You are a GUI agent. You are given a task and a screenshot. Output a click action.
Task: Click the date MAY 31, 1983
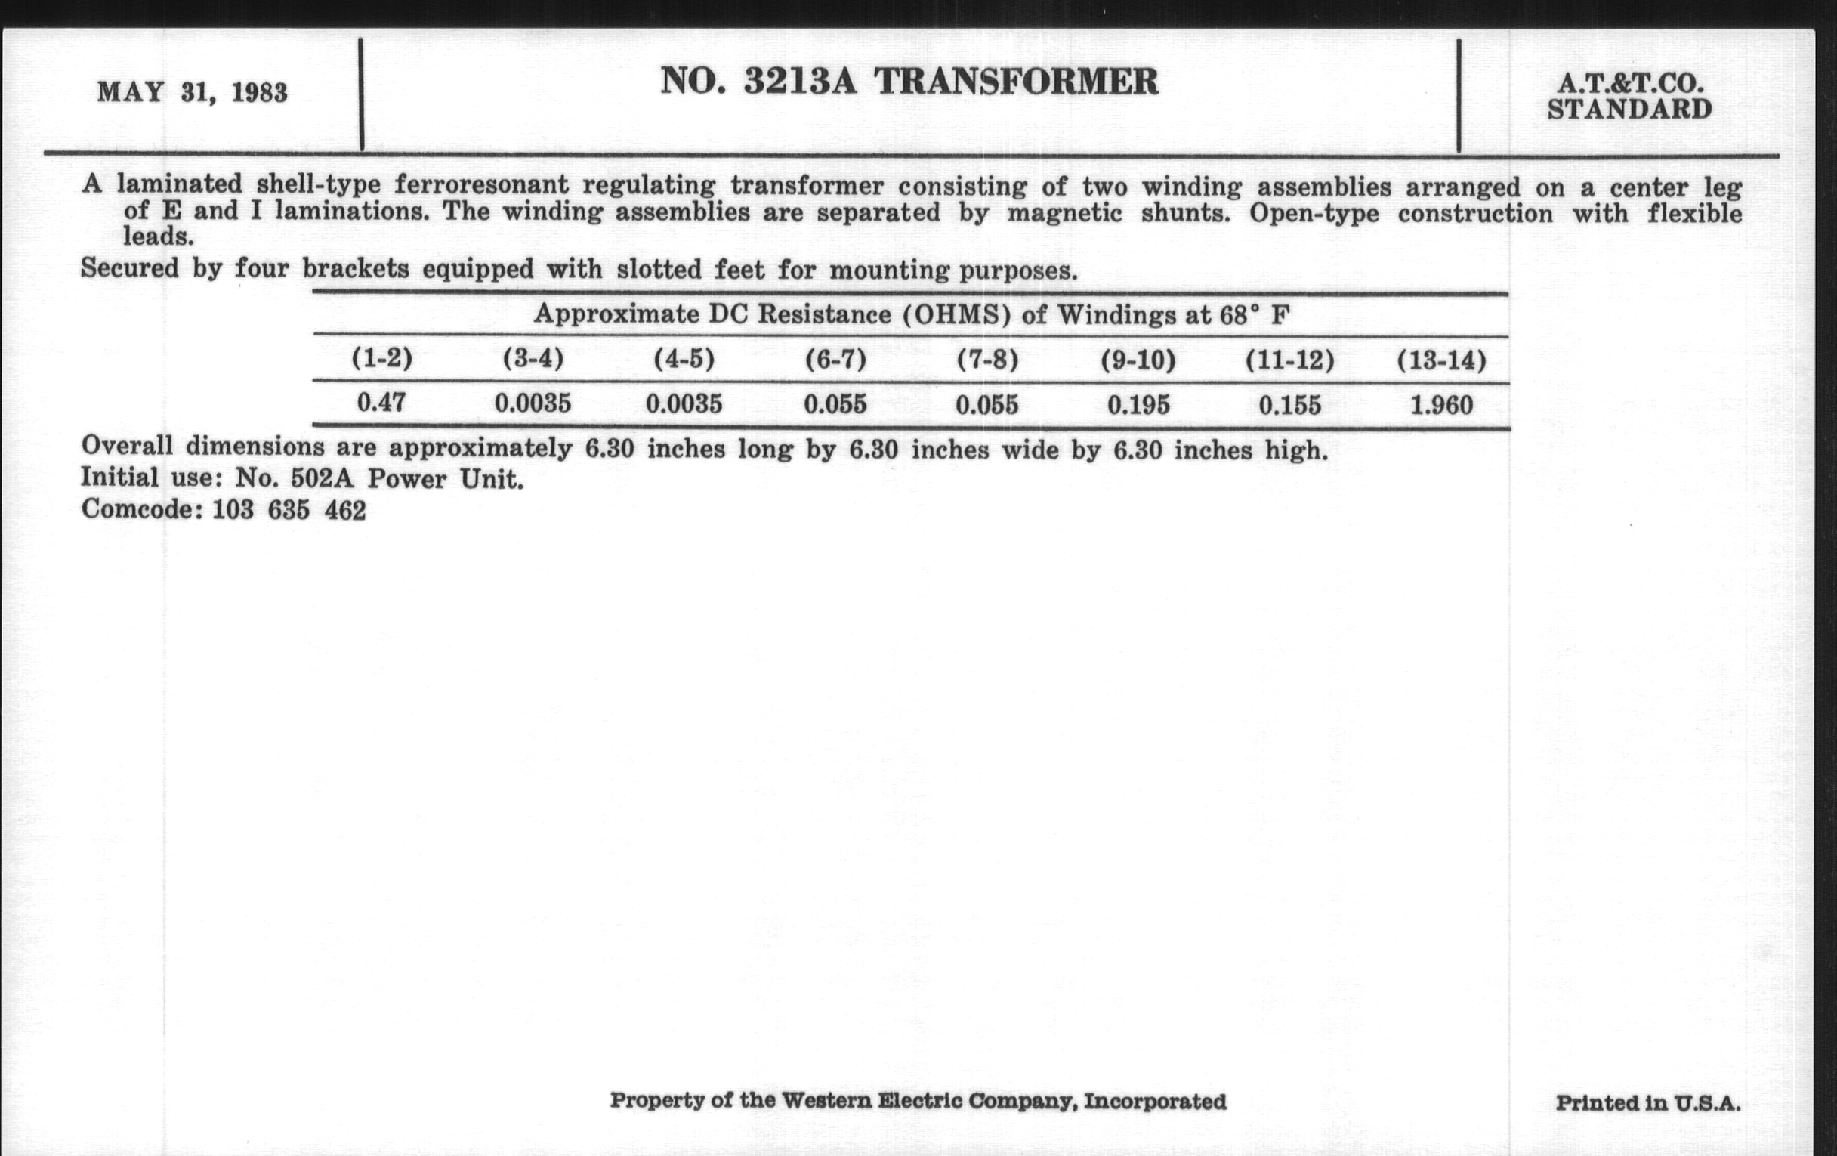coord(193,92)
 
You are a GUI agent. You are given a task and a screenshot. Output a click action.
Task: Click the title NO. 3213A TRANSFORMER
coord(909,81)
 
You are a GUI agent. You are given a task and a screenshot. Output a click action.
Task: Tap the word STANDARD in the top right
coord(1629,110)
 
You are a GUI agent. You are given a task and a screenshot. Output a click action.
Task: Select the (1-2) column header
coord(381,358)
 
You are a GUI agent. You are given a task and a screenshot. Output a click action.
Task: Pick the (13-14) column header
coord(1441,360)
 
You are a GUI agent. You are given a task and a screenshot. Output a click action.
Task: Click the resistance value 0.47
coord(381,402)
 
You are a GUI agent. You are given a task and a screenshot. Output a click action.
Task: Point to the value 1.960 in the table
coord(1441,404)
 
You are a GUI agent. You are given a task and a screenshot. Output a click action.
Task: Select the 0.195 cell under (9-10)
coord(1138,404)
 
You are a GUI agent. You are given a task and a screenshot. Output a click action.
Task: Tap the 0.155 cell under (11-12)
coord(1289,404)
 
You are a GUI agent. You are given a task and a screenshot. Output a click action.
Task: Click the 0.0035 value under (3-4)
coord(533,403)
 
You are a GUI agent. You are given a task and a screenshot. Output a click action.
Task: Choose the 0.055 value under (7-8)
coord(986,404)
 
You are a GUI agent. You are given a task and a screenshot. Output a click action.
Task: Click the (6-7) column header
coord(835,359)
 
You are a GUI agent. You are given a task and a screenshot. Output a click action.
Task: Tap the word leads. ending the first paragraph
coord(159,236)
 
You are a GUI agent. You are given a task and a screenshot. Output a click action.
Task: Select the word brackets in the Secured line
coord(356,268)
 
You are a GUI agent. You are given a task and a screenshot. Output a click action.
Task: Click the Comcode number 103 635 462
coord(289,509)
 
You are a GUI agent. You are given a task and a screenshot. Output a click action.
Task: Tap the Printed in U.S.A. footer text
coord(1648,1102)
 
